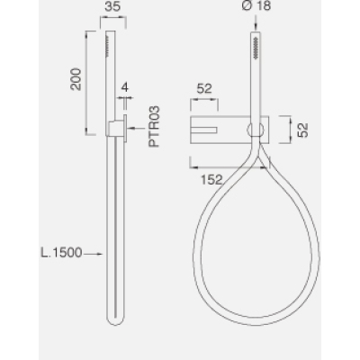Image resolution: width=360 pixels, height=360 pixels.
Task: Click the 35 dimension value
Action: pyautogui.click(x=112, y=6)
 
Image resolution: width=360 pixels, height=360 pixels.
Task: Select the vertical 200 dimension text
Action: pyautogui.click(x=76, y=79)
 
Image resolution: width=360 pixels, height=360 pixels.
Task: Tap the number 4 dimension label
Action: pyautogui.click(x=125, y=87)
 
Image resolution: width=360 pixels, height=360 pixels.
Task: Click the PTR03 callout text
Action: pyautogui.click(x=155, y=127)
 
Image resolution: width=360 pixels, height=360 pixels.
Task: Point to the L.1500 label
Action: pyautogui.click(x=61, y=253)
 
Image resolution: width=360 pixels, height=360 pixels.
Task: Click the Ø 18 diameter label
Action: pyautogui.click(x=256, y=6)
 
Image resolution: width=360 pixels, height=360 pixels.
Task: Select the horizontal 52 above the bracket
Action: pyautogui.click(x=204, y=88)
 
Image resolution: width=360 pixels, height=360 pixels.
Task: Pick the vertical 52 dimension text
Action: pyautogui.click(x=303, y=130)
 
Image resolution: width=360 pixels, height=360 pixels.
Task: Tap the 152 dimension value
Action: pyautogui.click(x=211, y=180)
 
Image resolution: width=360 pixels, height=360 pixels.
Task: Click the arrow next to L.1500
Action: pyautogui.click(x=94, y=254)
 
